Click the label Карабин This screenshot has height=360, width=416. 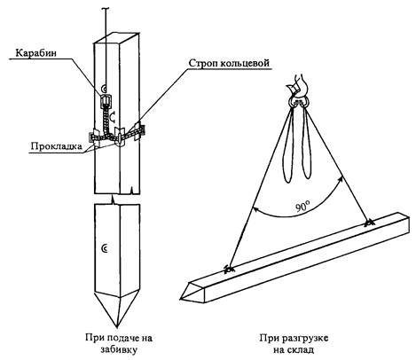click(x=35, y=52)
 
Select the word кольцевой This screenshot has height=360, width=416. click(x=247, y=63)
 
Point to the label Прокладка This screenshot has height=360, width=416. click(x=56, y=146)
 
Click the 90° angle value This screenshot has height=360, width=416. click(x=302, y=207)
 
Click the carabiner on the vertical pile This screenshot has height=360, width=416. click(x=106, y=101)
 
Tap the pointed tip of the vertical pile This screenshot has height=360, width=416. click(x=118, y=326)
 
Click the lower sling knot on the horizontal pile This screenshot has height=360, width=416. click(x=228, y=270)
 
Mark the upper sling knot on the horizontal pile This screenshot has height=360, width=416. click(x=368, y=223)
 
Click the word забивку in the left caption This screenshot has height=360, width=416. click(x=119, y=350)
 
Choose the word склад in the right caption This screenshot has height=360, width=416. click(x=301, y=350)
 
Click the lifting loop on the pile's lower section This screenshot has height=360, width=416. click(x=104, y=249)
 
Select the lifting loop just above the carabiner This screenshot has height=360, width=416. click(x=103, y=88)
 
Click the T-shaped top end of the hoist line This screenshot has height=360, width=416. click(x=105, y=10)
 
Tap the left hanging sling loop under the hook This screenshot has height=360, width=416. click(x=289, y=145)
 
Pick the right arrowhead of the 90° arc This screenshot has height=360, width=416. click(x=341, y=179)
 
